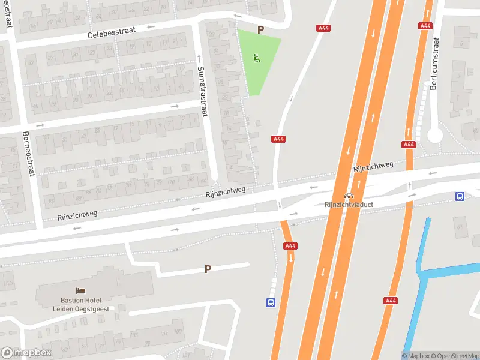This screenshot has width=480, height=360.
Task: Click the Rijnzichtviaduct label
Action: (x=349, y=205)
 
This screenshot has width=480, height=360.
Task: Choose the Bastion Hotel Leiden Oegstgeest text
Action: (x=80, y=304)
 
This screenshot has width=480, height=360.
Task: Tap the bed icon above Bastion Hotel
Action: (x=80, y=291)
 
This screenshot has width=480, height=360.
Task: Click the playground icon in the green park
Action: (x=257, y=58)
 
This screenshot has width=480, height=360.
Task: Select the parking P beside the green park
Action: (x=260, y=29)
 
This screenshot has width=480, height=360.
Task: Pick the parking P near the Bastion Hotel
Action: (x=208, y=269)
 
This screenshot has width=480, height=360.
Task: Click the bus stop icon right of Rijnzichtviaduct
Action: (x=460, y=196)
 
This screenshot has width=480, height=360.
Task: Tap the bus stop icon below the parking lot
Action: (x=271, y=303)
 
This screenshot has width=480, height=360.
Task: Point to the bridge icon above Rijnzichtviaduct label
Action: (x=349, y=196)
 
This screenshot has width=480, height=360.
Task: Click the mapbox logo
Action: (x=26, y=353)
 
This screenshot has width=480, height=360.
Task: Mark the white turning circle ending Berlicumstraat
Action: (x=435, y=136)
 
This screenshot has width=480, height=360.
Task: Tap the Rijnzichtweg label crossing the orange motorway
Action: (x=373, y=167)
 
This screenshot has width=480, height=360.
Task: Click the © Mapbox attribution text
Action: (x=417, y=356)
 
